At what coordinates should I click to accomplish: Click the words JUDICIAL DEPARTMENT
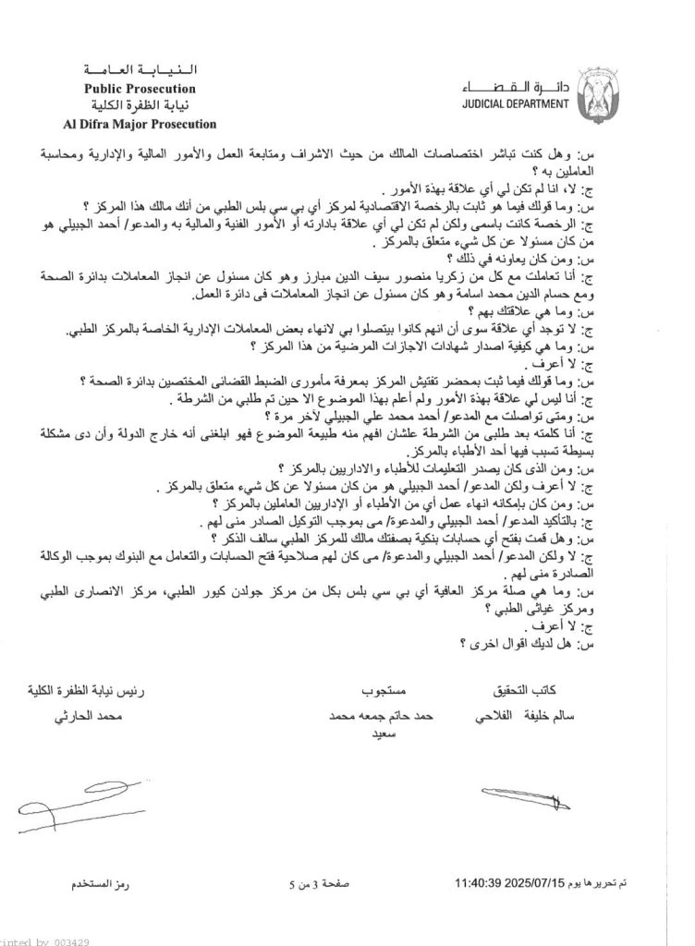coord(516,104)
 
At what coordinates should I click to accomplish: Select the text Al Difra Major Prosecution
coord(140,123)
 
